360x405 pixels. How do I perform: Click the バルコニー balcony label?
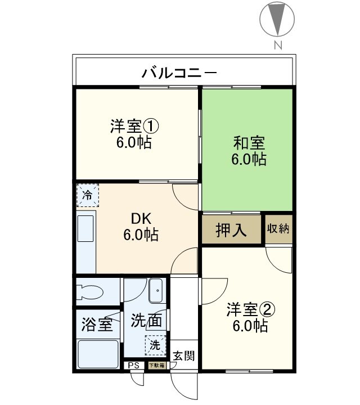[x=178, y=72]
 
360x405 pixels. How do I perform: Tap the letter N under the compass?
[x=277, y=46]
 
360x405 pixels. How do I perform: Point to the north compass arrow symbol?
[x=277, y=18]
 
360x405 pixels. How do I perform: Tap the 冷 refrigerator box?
[x=87, y=195]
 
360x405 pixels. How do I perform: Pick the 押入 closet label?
[x=231, y=231]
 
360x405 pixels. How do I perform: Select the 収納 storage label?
[x=278, y=229]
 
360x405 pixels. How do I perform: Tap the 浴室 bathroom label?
[x=97, y=325]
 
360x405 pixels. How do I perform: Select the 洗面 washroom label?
[x=146, y=321]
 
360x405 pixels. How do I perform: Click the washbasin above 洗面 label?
[x=156, y=291]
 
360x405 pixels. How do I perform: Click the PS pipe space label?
[x=133, y=366]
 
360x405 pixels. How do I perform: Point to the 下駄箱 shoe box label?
[x=157, y=366]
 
